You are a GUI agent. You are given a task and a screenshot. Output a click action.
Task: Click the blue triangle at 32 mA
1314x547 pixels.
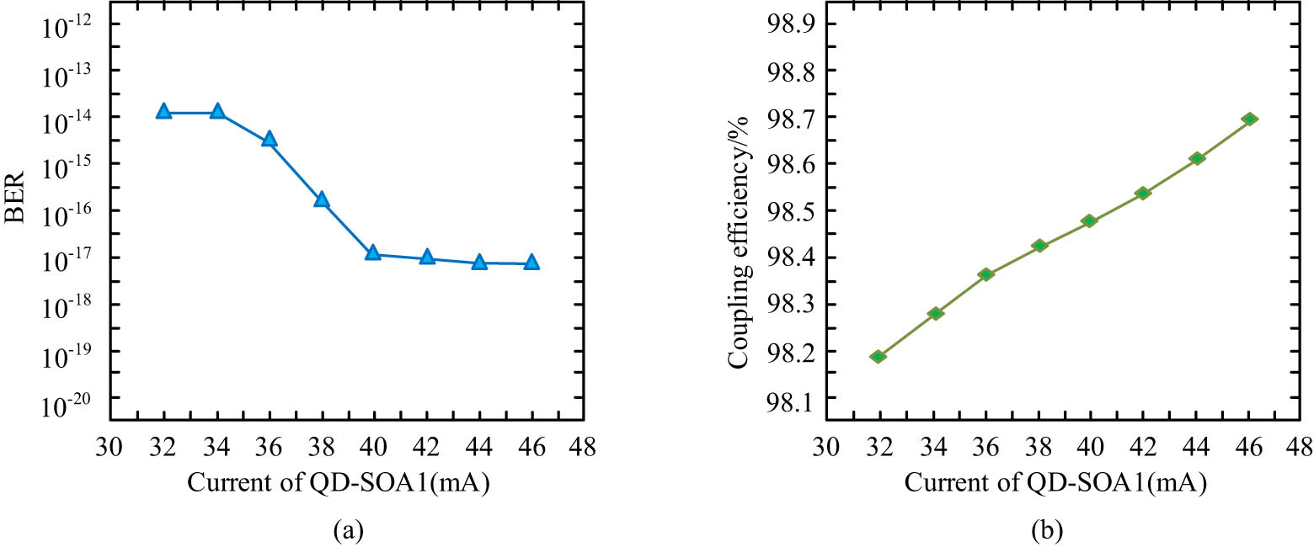point(163,111)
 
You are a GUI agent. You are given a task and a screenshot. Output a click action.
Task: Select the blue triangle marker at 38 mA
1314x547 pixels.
point(321,199)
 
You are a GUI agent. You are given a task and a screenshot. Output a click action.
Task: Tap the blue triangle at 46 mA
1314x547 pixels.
point(531,263)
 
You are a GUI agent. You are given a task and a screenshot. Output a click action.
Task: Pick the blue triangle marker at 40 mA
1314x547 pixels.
point(372,252)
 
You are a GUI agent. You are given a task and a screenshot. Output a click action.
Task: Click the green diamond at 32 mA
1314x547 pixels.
point(878,357)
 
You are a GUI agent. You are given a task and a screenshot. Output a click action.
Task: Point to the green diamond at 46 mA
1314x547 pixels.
point(1250,119)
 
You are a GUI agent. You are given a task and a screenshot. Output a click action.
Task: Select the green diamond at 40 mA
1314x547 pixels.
point(1089,221)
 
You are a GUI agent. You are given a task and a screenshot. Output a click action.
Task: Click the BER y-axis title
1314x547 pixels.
point(18,199)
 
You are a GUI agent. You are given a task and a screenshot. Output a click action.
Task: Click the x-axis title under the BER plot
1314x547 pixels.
point(339,485)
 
